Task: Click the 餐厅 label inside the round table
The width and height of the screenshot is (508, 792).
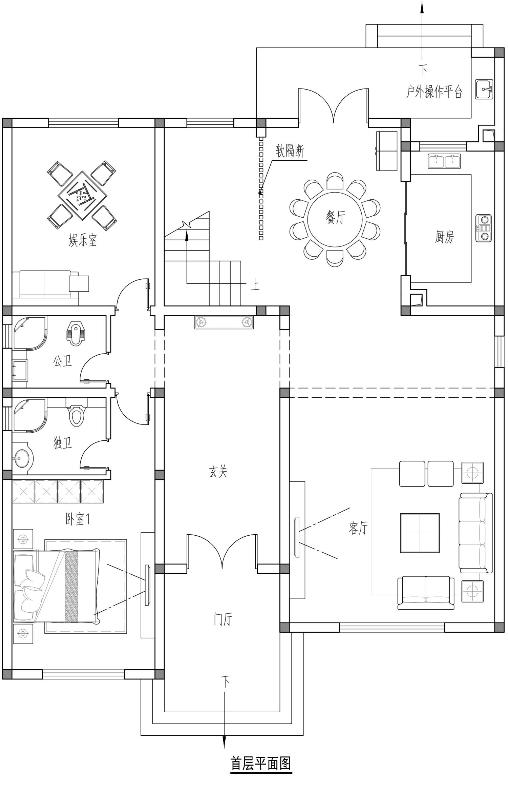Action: pyautogui.click(x=335, y=217)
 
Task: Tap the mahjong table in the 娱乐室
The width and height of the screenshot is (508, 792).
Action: pyautogui.click(x=82, y=196)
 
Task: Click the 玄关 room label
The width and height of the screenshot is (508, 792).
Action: pyautogui.click(x=218, y=472)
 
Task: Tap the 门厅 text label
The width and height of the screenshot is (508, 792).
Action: pyautogui.click(x=223, y=619)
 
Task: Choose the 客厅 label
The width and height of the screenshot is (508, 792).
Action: pyautogui.click(x=358, y=527)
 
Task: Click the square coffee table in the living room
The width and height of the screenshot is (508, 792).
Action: pyautogui.click(x=420, y=533)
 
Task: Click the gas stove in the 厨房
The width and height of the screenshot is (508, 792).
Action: pyautogui.click(x=484, y=228)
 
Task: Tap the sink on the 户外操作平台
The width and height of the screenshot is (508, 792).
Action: pyautogui.click(x=484, y=90)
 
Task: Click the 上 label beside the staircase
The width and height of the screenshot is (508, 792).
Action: pyautogui.click(x=255, y=284)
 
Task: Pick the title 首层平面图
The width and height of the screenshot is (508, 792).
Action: pyautogui.click(x=261, y=764)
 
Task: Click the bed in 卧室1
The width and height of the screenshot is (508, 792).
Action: pyautogui.click(x=57, y=586)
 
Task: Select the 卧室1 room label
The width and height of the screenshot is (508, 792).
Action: pyautogui.click(x=78, y=519)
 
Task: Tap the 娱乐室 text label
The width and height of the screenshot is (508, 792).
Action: pyautogui.click(x=83, y=240)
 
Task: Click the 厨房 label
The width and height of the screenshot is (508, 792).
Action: pyautogui.click(x=444, y=237)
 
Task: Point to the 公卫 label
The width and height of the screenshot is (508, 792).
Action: pyautogui.click(x=62, y=361)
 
